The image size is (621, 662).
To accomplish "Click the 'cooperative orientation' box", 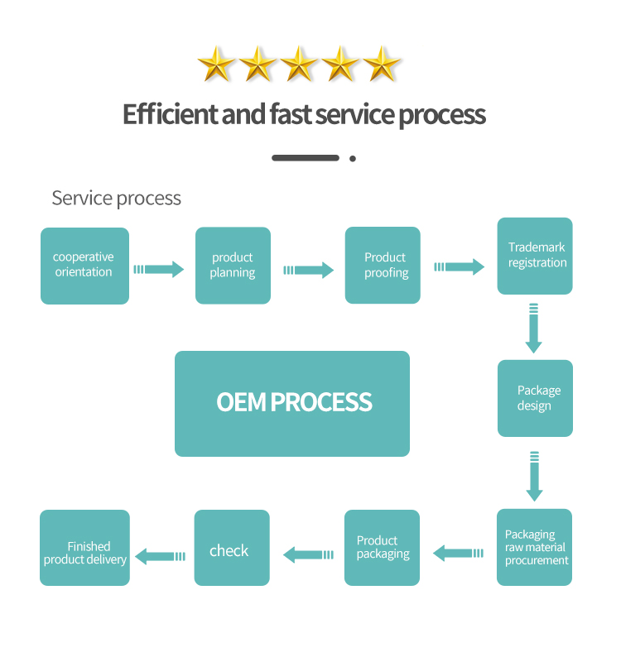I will pyautogui.click(x=84, y=266).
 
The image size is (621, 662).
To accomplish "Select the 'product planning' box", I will pyautogui.click(x=233, y=266).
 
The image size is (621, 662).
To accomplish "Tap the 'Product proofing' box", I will pyautogui.click(x=383, y=266).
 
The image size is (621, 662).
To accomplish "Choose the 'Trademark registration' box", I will pyautogui.click(x=535, y=256).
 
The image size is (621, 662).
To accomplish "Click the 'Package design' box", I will pyautogui.click(x=535, y=398).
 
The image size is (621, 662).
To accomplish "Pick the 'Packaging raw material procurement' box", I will pyautogui.click(x=535, y=547).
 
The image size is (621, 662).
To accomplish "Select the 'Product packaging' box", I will pyautogui.click(x=383, y=548).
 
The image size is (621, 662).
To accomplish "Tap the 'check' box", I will pyautogui.click(x=232, y=548).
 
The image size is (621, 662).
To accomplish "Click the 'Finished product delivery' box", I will pyautogui.click(x=85, y=548).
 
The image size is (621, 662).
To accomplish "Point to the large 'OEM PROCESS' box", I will pyautogui.click(x=292, y=403).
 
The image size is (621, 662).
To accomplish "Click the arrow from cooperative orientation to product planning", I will pyautogui.click(x=159, y=269).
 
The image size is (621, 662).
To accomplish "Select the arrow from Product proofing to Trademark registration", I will pyautogui.click(x=460, y=266).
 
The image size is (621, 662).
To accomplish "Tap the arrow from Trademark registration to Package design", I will pyautogui.click(x=534, y=329).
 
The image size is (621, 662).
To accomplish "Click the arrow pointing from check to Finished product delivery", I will pyautogui.click(x=161, y=556).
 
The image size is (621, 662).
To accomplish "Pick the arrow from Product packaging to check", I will pyautogui.click(x=308, y=554).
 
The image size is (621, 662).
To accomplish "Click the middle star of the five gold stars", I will pyautogui.click(x=300, y=64).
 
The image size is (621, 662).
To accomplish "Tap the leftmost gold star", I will pyautogui.click(x=217, y=64).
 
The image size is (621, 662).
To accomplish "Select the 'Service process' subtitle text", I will pyautogui.click(x=116, y=198).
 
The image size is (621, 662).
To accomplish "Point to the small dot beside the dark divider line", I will pyautogui.click(x=353, y=158).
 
